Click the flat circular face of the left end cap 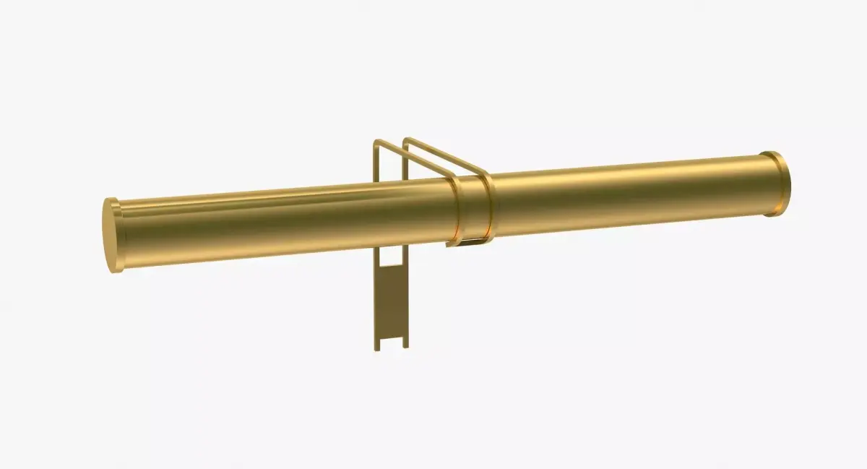(x=112, y=236)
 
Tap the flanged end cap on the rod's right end (x=776, y=184)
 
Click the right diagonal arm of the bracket (x=448, y=156)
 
